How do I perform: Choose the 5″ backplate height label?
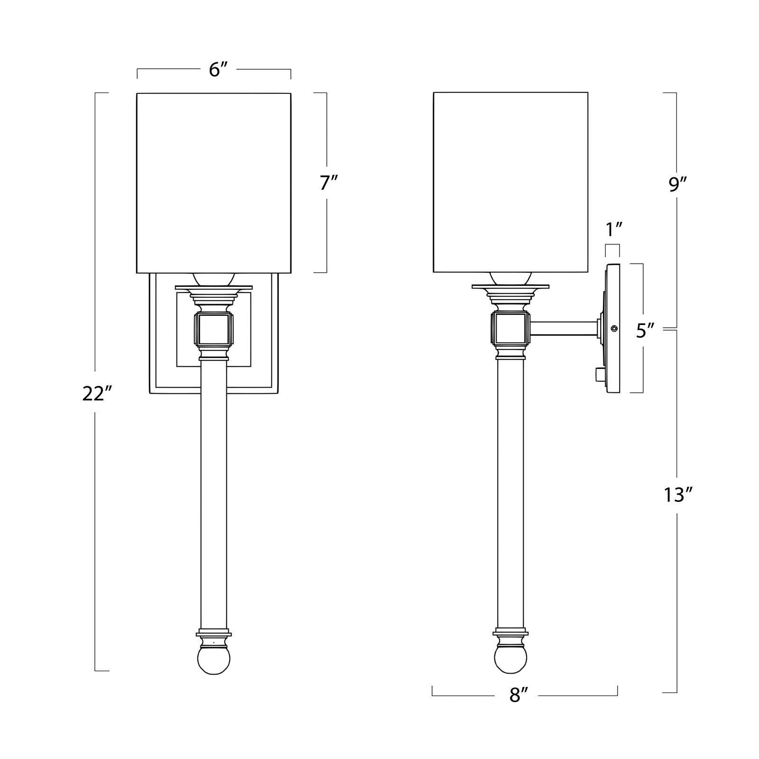point(646,331)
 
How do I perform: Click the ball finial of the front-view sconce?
point(213,661)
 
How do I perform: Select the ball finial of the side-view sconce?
point(510,661)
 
